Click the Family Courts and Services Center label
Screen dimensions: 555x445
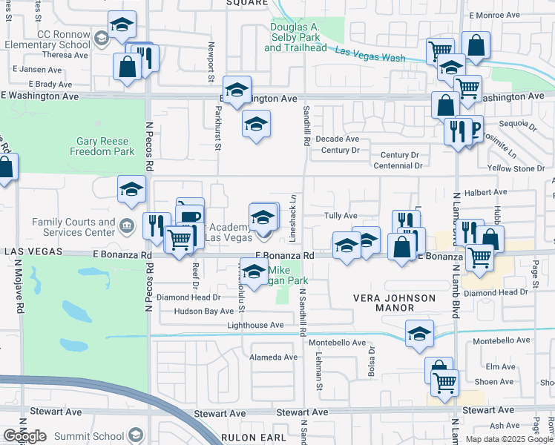(x=73, y=227)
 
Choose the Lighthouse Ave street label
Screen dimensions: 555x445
(x=255, y=326)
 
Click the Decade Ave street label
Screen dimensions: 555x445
(x=337, y=139)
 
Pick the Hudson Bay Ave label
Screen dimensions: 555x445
(x=204, y=311)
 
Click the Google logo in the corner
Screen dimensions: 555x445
(x=25, y=436)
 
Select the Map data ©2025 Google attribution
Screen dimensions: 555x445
(x=509, y=439)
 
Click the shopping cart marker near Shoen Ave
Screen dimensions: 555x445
(x=445, y=383)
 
